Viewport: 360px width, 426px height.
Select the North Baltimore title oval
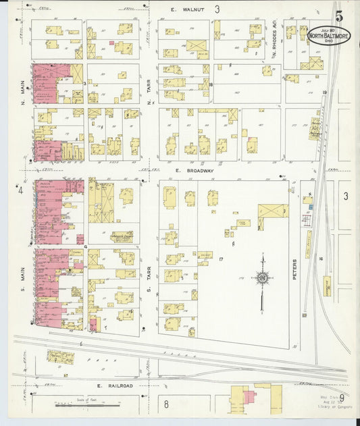[329, 35]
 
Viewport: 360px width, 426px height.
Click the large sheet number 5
[338, 15]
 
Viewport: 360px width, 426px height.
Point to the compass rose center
[261, 277]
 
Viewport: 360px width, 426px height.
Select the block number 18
[211, 84]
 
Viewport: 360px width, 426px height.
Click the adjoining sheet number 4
[21, 190]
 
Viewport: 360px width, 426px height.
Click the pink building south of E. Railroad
[249, 397]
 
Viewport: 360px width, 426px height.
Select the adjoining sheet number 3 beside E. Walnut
[217, 9]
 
